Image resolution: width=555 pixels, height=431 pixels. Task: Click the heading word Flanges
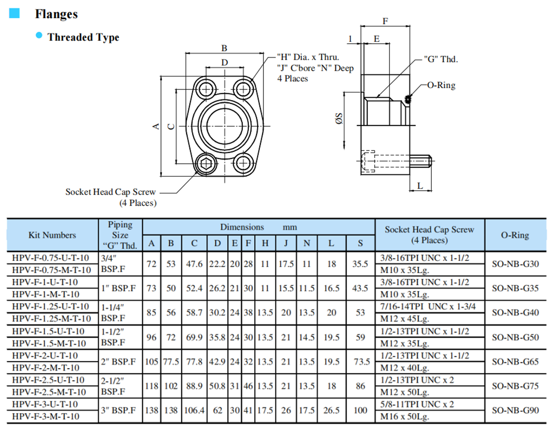pos(56,14)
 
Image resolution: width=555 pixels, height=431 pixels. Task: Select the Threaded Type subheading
pos(83,37)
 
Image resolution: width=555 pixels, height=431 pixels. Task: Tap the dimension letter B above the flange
pos(224,48)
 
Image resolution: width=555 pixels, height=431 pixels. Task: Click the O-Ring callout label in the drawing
pos(441,85)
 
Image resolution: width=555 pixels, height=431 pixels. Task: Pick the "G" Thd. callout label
pos(440,60)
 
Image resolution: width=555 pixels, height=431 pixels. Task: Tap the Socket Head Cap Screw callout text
pos(110,192)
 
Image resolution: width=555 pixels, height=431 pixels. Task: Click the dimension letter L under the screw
pos(421,186)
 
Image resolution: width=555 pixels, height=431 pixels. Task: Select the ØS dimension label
pos(339,119)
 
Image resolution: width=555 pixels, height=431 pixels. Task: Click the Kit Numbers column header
pos(52,235)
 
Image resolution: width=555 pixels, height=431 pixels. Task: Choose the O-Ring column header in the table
pos(515,235)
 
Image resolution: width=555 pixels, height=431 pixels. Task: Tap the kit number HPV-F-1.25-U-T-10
pos(50,306)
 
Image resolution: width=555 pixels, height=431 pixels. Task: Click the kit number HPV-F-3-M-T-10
pos(46,416)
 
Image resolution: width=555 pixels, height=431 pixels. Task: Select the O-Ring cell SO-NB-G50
pos(515,337)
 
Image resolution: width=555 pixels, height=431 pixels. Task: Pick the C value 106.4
pos(195,410)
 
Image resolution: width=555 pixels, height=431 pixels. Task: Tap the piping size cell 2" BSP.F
pos(118,361)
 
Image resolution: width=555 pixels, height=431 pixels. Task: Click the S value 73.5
pos(361,361)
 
